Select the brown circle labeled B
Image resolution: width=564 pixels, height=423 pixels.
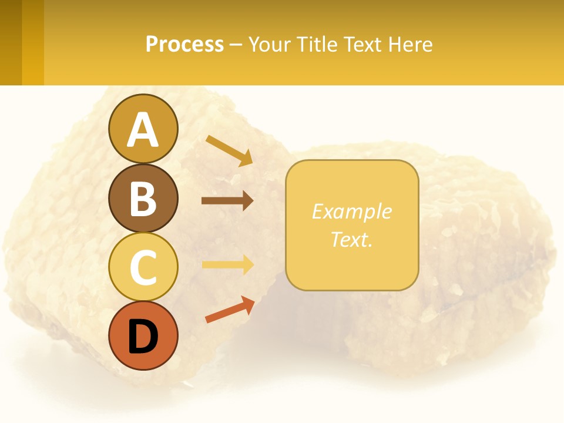coord(143,198)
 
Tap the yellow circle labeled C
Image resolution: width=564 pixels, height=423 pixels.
coord(143,267)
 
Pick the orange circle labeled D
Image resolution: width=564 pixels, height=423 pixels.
coord(143,336)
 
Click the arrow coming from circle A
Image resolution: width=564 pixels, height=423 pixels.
coord(229,150)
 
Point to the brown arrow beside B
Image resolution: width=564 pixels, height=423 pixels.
coord(227,201)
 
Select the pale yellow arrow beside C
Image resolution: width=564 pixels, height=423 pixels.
coord(227,264)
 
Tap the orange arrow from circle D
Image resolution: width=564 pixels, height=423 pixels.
coord(230,310)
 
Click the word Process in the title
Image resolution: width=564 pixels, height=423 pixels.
coord(184,44)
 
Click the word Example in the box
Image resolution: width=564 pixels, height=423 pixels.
coord(352,211)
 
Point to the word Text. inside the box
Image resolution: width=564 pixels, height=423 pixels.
coord(352,239)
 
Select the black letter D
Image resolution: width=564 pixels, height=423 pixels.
coord(143,337)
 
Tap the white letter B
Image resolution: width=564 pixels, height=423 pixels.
coord(143,199)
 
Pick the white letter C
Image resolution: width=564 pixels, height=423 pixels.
coord(143,268)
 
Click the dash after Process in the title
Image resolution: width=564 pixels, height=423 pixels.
coord(236,45)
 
